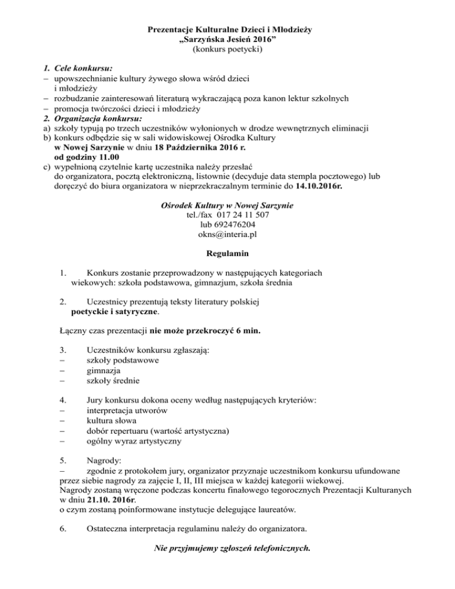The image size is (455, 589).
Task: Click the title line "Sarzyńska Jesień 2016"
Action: tap(227, 40)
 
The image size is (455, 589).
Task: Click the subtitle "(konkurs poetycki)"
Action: tap(227, 50)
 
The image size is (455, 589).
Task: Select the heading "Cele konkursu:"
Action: tap(84, 68)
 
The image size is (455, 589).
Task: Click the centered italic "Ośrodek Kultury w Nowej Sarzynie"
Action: tap(227, 206)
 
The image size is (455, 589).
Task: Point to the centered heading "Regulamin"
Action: tap(227, 254)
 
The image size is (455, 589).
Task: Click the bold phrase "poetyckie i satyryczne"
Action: tap(114, 310)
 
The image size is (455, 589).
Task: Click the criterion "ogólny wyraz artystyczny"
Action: tap(134, 441)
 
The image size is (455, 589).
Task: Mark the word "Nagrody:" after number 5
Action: tap(104, 460)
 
